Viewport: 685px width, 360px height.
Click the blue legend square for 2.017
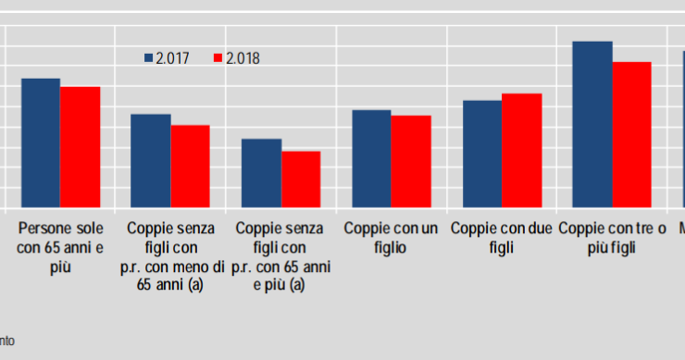point(148,58)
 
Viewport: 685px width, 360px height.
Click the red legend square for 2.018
point(218,58)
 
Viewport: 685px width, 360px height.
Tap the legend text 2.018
point(243,58)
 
